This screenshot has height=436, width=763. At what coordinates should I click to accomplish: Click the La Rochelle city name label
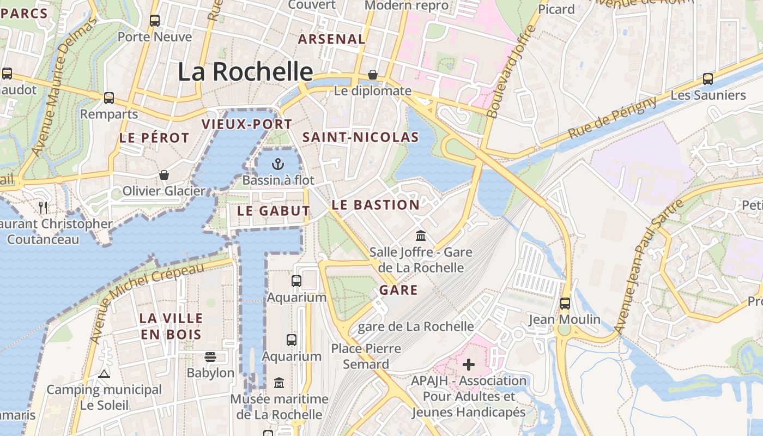click(x=246, y=71)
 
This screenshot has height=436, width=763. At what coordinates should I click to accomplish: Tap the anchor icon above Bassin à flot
click(x=278, y=163)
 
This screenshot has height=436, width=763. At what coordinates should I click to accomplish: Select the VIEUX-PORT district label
click(x=247, y=124)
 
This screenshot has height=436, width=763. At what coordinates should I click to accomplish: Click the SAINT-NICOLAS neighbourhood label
click(x=361, y=137)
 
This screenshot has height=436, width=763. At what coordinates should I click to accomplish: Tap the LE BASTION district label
click(x=376, y=205)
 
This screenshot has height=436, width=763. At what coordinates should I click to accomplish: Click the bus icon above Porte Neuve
click(x=155, y=21)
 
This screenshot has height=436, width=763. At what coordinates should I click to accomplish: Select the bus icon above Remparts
click(x=109, y=98)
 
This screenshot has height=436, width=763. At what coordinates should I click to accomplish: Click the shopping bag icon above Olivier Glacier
click(x=163, y=175)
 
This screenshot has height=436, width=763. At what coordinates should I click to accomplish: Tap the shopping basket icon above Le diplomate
click(x=373, y=75)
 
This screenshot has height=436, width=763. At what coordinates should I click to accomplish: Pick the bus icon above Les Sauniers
click(x=708, y=79)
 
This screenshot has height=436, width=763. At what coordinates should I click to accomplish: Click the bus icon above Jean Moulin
click(x=565, y=303)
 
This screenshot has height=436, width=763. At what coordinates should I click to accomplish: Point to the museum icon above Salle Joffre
click(x=421, y=236)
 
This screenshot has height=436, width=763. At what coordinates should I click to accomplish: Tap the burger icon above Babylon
click(x=210, y=357)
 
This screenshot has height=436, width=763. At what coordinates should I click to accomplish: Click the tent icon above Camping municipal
click(x=104, y=374)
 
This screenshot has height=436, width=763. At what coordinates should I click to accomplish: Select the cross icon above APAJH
click(x=469, y=364)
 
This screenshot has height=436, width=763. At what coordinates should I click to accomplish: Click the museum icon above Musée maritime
click(x=279, y=383)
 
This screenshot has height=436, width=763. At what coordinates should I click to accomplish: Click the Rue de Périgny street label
click(x=613, y=117)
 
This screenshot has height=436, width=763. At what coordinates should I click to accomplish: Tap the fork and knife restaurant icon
click(x=44, y=207)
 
